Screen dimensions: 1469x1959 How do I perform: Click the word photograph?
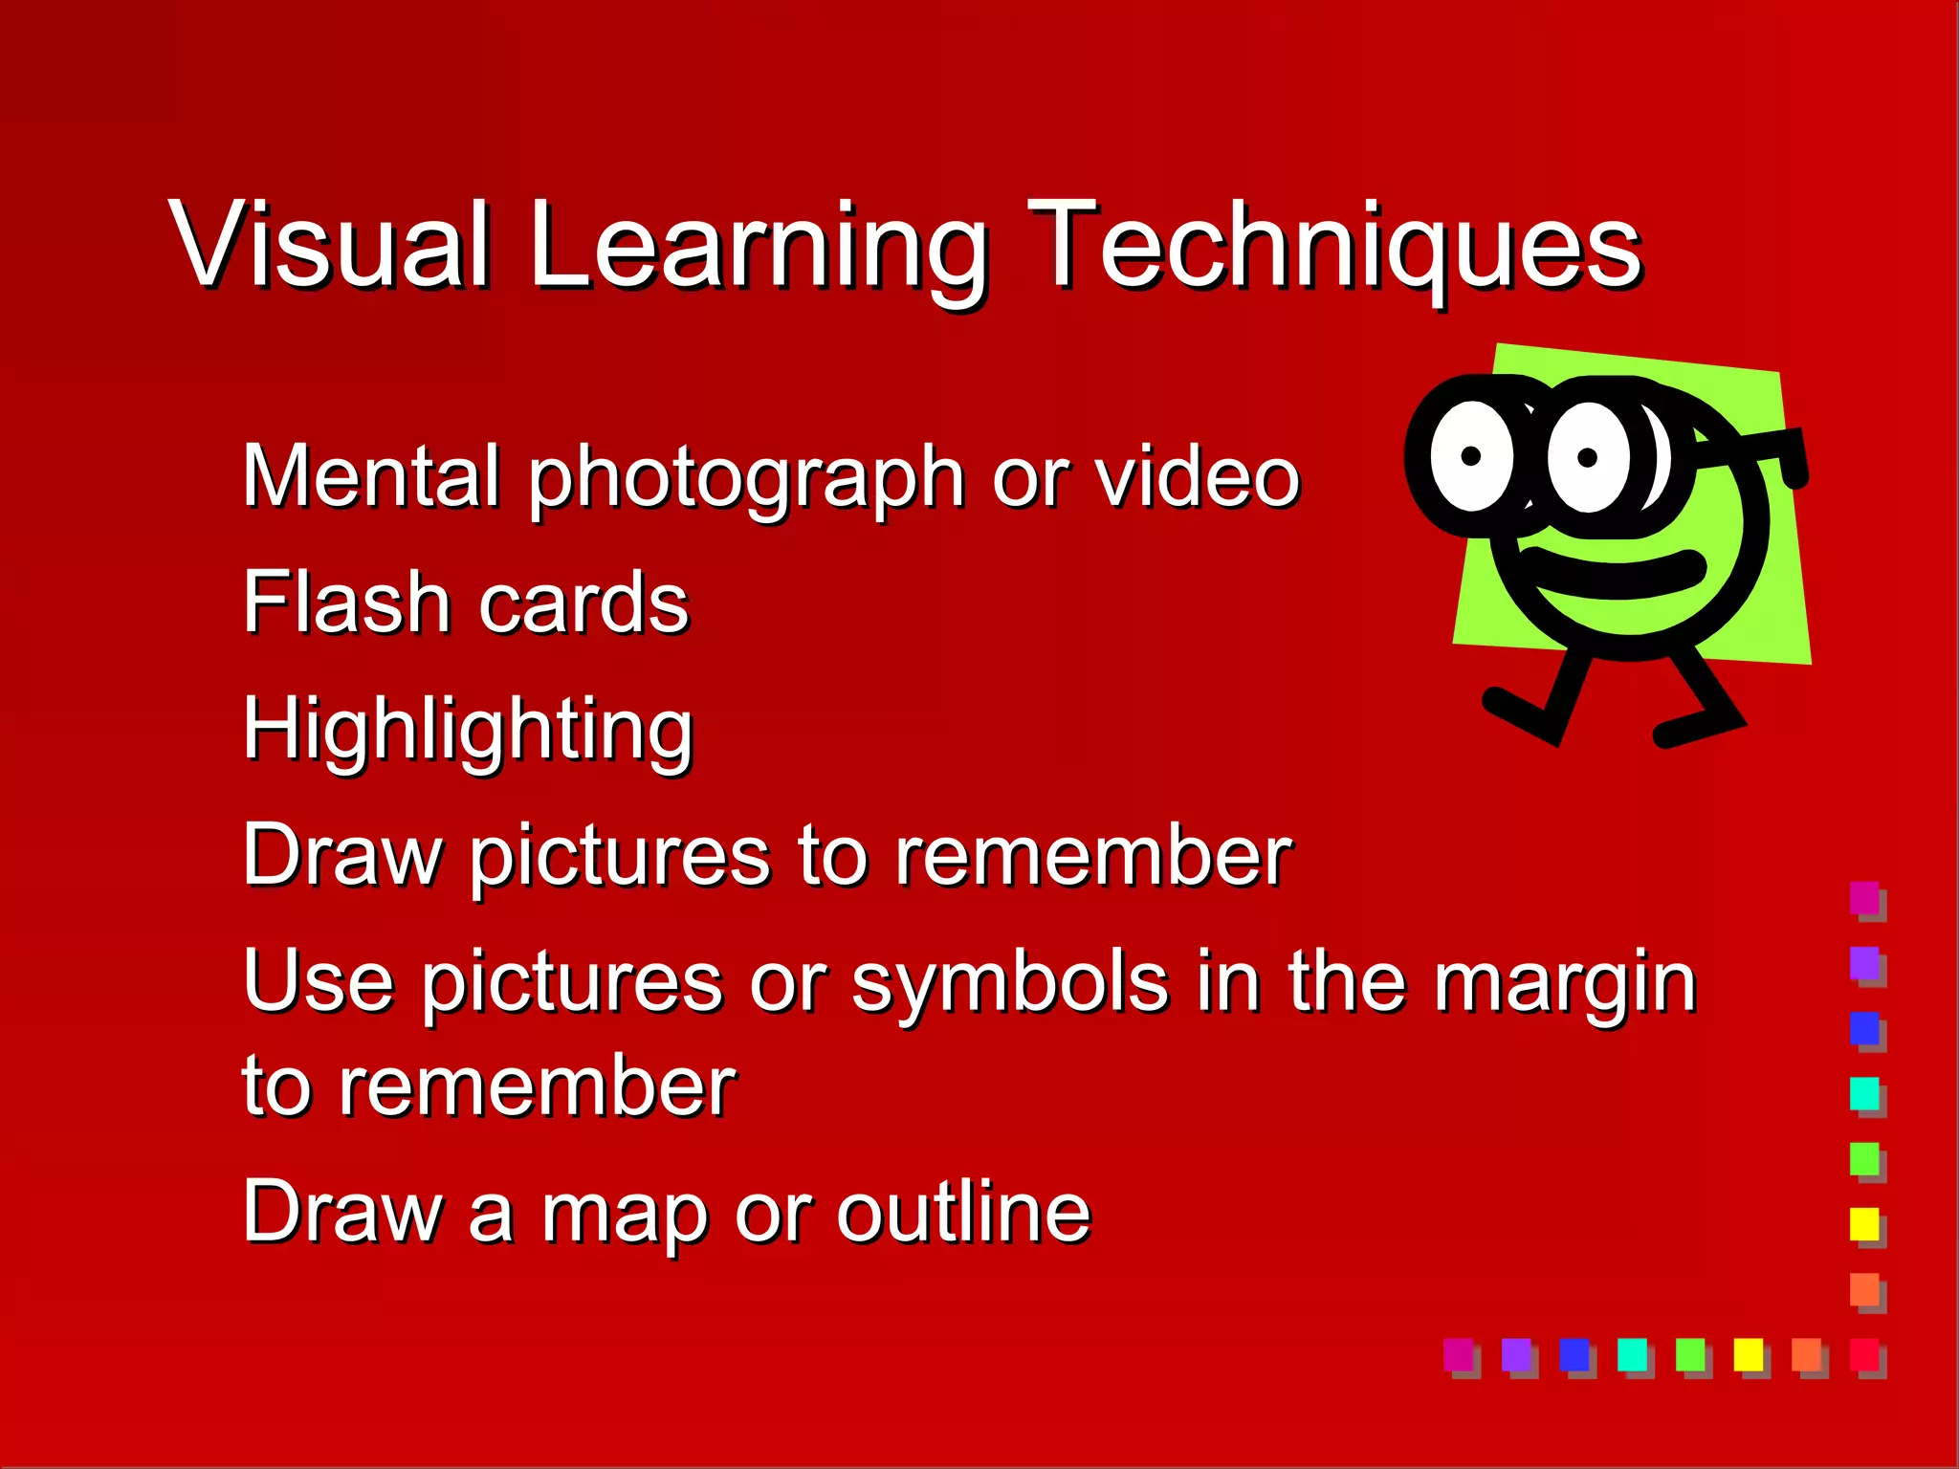click(x=746, y=478)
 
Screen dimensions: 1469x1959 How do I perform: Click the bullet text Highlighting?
click(x=468, y=730)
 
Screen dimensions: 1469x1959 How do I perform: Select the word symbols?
click(x=1009, y=983)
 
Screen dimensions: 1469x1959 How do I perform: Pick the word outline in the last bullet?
click(x=963, y=1211)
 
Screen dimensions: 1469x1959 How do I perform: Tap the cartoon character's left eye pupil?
click(x=1472, y=456)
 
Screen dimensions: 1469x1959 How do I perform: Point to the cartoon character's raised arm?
click(x=1760, y=449)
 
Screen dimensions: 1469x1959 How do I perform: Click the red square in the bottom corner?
click(x=1864, y=1353)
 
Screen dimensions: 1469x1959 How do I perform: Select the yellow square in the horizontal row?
click(x=1749, y=1353)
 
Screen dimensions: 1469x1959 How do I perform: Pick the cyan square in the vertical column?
click(x=1864, y=1092)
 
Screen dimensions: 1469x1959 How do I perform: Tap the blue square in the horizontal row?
click(x=1574, y=1353)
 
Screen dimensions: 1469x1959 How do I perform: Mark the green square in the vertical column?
click(x=1864, y=1157)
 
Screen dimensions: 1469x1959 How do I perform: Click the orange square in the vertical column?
click(x=1864, y=1288)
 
